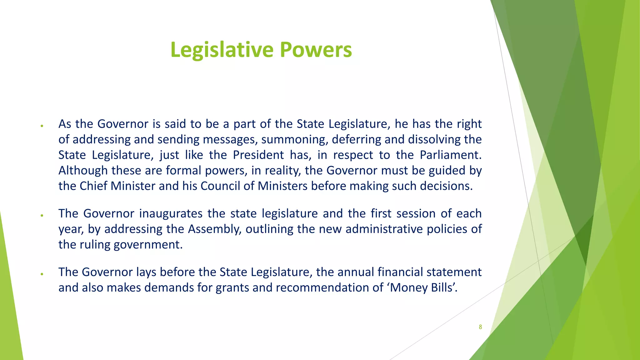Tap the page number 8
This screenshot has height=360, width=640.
point(480,327)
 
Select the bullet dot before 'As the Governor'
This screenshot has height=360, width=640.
point(42,126)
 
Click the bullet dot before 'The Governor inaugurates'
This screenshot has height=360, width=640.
point(42,215)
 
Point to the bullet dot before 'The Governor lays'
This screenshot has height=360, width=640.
point(42,274)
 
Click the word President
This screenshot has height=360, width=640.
point(258,155)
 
